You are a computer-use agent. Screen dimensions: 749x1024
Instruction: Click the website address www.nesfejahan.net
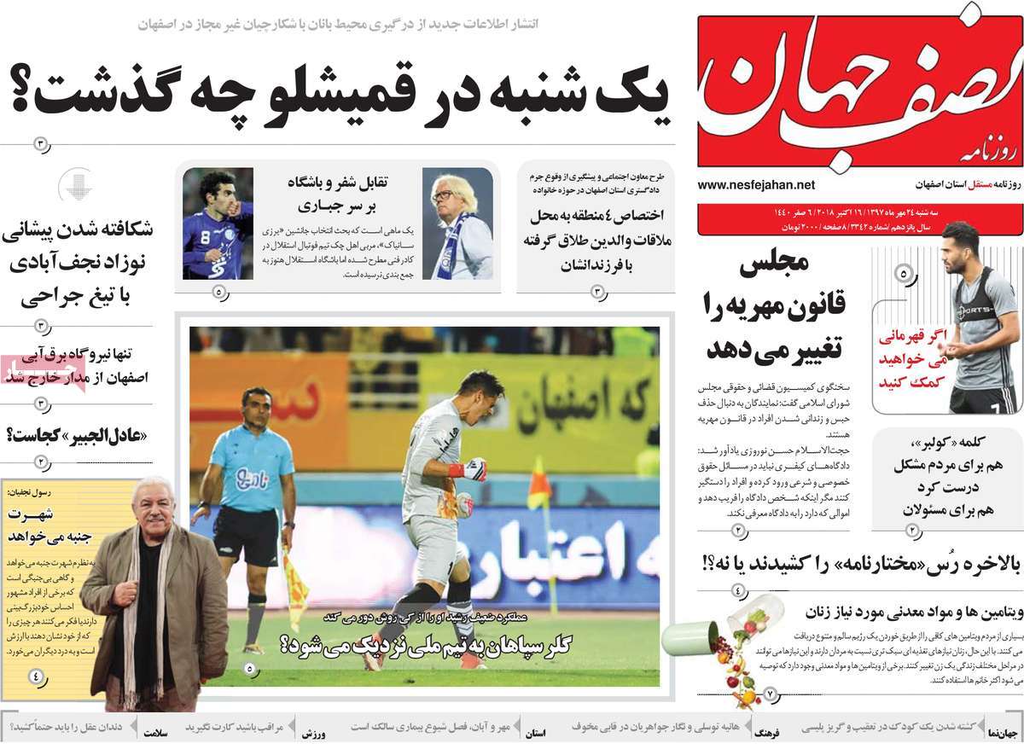(756, 184)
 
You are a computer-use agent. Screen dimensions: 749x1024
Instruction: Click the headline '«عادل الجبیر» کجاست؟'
(77, 434)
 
